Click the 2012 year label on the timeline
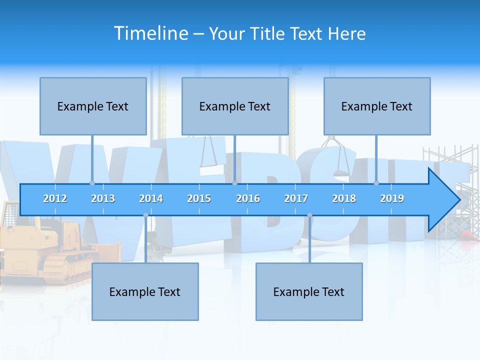coord(55,198)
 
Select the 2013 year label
coord(103,198)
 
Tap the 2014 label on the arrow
coord(151,198)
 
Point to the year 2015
coord(199,198)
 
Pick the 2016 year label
coord(248,198)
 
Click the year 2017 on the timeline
coord(296,198)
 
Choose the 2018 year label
coord(344,198)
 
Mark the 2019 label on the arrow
coord(392,198)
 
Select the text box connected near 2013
coord(93,106)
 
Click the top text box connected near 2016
coord(235,106)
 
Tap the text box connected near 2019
coord(377,106)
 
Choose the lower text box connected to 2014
coord(145,291)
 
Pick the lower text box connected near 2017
coord(309,291)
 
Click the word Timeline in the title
coord(150,33)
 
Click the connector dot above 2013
coord(92,183)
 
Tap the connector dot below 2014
coord(145,215)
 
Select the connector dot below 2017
coord(309,215)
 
